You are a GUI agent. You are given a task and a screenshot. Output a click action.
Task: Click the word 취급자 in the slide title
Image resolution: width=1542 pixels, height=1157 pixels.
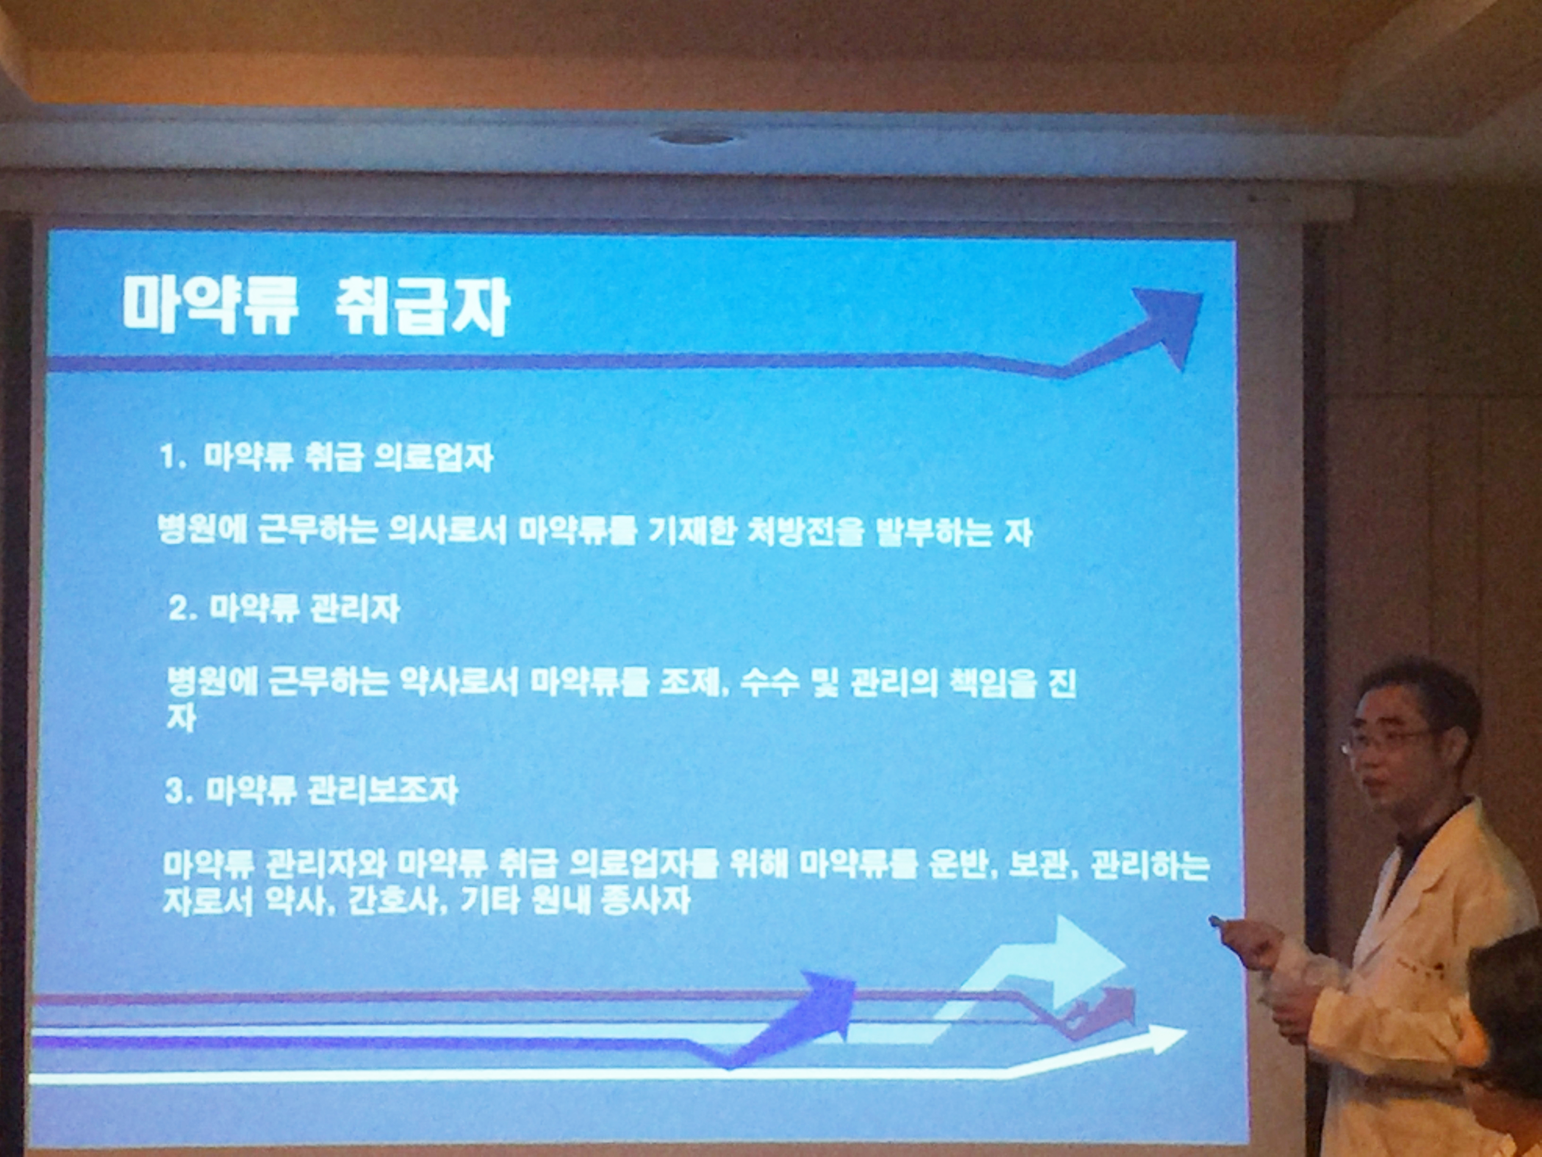(x=422, y=307)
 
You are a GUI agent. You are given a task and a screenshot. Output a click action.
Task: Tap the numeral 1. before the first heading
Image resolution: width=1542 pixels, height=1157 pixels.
(x=171, y=458)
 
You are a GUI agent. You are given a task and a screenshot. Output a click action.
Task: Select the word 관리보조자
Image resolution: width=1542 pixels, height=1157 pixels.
(x=383, y=791)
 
